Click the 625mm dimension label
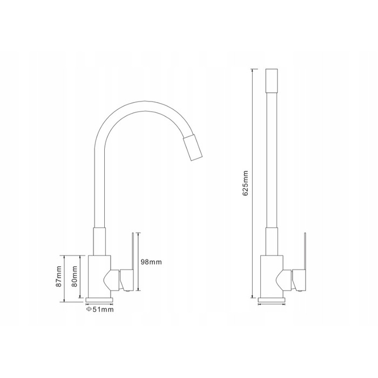245,183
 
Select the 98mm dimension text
151,262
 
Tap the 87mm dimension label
58,276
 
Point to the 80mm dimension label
75,276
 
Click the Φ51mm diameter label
99,309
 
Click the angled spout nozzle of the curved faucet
192,148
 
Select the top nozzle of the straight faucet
272,81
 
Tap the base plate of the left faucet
99,300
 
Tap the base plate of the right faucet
272,300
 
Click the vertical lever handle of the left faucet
133,251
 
